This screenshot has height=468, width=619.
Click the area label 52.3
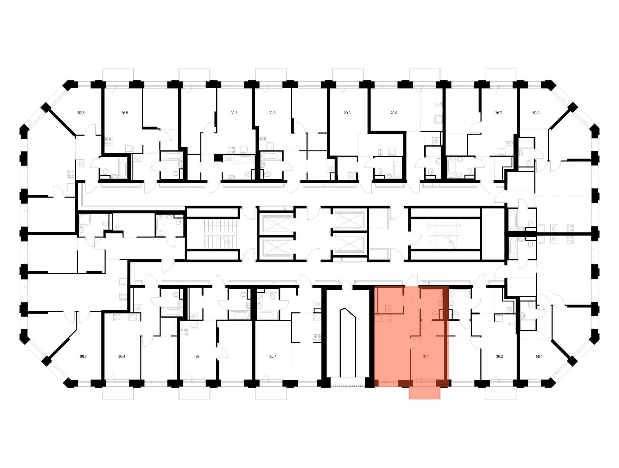pyautogui.click(x=81, y=113)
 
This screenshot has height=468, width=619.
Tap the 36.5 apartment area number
pyautogui.click(x=124, y=113)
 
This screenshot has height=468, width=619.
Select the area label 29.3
pyautogui.click(x=347, y=113)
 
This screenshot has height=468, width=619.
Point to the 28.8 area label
pyautogui.click(x=394, y=113)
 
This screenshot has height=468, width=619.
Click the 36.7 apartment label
pyautogui.click(x=498, y=113)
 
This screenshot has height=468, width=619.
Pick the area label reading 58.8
pyautogui.click(x=536, y=113)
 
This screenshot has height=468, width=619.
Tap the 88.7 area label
pyautogui.click(x=83, y=356)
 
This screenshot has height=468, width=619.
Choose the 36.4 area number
pyautogui.click(x=122, y=356)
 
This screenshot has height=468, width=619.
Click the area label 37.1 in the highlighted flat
pyautogui.click(x=426, y=356)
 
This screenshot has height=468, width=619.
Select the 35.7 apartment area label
pyautogui.click(x=272, y=356)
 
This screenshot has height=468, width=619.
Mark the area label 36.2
pyautogui.click(x=500, y=356)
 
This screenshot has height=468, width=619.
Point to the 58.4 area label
pyautogui.click(x=539, y=356)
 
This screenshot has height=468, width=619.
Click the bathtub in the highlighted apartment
pyautogui.click(x=431, y=293)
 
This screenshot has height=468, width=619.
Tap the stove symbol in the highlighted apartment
pyautogui.click(x=389, y=318)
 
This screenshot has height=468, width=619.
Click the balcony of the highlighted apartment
pyautogui.click(x=424, y=393)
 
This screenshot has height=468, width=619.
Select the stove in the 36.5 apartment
pyautogui.click(x=108, y=141)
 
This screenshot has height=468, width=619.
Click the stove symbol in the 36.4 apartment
pyautogui.click(x=117, y=317)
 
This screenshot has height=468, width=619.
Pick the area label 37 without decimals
pyautogui.click(x=197, y=356)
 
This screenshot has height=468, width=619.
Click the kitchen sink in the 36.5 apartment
pyautogui.click(x=129, y=149)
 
